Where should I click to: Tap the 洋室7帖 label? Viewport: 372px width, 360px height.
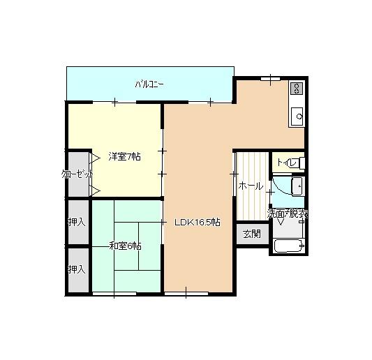coord(124,157)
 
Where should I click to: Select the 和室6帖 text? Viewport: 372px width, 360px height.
coord(125,246)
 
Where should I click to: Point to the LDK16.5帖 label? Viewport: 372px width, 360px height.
coord(198,222)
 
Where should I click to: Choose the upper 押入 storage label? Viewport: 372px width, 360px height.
coord(77,223)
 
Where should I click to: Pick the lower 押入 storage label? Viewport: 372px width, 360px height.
coord(77,269)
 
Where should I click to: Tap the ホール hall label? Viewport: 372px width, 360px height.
coord(251,186)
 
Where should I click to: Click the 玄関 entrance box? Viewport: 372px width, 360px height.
coord(251,234)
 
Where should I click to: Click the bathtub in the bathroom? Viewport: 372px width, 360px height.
coord(288,246)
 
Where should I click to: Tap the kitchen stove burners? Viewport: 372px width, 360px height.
coord(297,89)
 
